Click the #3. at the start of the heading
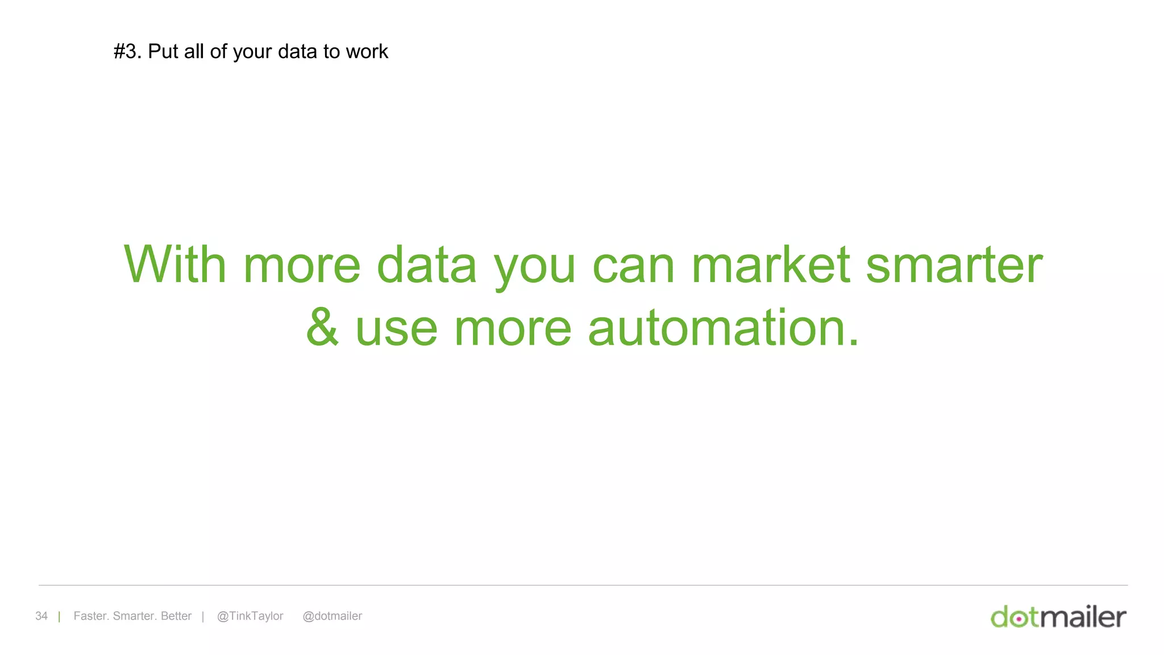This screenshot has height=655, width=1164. pyautogui.click(x=127, y=52)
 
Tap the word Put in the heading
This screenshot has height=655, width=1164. pyautogui.click(x=163, y=52)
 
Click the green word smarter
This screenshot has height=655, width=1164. pyautogui.click(x=954, y=266)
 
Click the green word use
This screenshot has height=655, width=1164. pyautogui.click(x=396, y=329)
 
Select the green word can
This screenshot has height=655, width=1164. pyautogui.click(x=633, y=266)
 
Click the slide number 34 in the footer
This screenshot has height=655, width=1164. pyautogui.click(x=41, y=616)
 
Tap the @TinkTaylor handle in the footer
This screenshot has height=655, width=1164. pyautogui.click(x=250, y=616)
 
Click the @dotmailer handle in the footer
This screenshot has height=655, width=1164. pyautogui.click(x=332, y=616)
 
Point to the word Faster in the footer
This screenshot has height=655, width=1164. pyautogui.click(x=90, y=616)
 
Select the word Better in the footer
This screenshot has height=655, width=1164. pyautogui.click(x=176, y=616)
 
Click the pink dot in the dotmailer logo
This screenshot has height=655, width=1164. pyautogui.click(x=1020, y=619)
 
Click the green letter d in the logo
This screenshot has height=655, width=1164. pyautogui.click(x=1000, y=617)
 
